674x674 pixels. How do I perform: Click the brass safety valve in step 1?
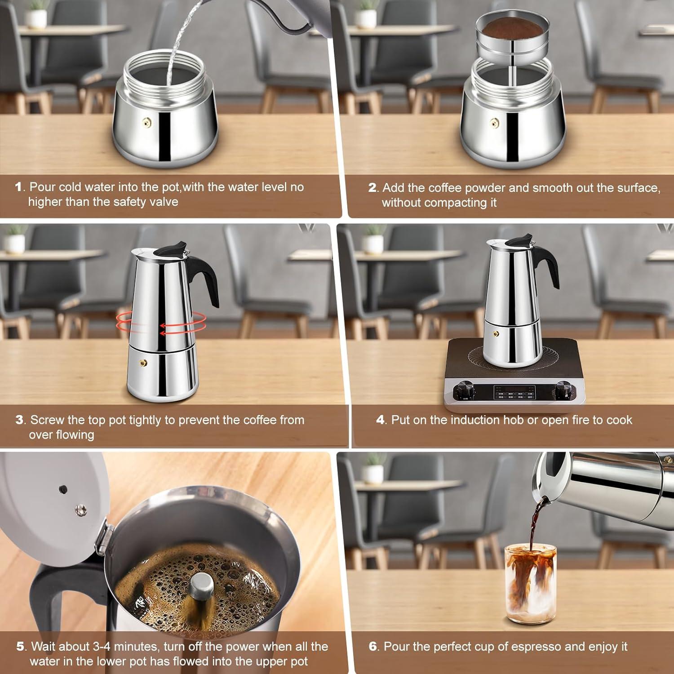click(x=146, y=122)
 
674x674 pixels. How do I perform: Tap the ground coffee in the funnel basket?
click(x=512, y=29)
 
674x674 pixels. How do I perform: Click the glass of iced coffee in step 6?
click(x=530, y=584)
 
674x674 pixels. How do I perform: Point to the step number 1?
click(x=18, y=187)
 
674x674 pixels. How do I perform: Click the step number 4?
click(x=380, y=420)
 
